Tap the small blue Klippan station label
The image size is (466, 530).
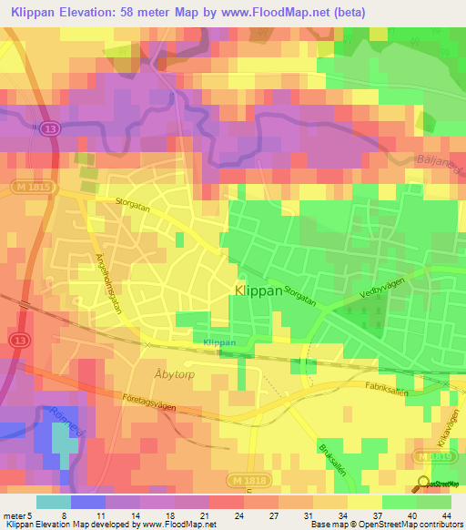(x=218, y=342)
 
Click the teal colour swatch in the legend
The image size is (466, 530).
(x=53, y=502)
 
